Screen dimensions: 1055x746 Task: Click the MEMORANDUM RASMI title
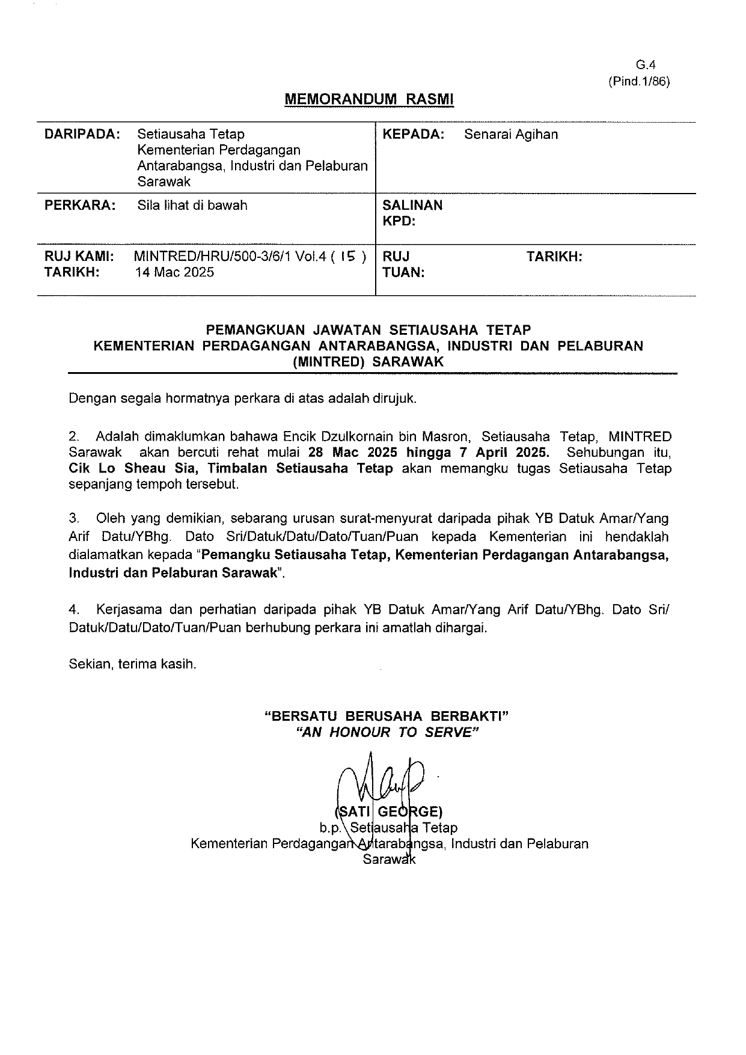pyautogui.click(x=368, y=99)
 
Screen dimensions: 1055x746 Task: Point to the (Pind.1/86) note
pyautogui.click(x=638, y=82)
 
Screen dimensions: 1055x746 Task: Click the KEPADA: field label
pyautogui.click(x=414, y=134)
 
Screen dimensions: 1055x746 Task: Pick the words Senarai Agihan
pyautogui.click(x=511, y=134)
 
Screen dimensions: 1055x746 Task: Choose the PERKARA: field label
pyautogui.click(x=81, y=205)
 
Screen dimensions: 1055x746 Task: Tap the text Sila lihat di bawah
pyautogui.click(x=192, y=205)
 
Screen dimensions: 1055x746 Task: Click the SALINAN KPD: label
pyautogui.click(x=412, y=213)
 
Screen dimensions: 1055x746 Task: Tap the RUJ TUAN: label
pyautogui.click(x=403, y=265)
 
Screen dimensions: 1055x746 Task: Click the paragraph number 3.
pyautogui.click(x=74, y=518)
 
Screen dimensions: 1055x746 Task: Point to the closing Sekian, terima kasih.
pyautogui.click(x=133, y=664)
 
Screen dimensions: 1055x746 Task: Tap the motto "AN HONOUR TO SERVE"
pyautogui.click(x=384, y=732)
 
